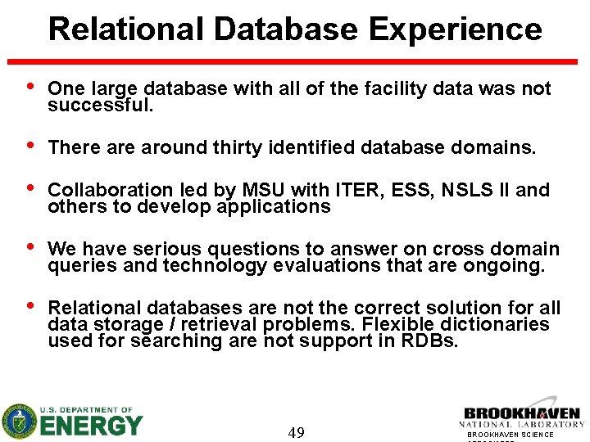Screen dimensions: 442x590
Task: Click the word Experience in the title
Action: [455, 29]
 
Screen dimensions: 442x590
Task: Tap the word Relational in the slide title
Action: [125, 29]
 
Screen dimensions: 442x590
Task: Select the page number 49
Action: [297, 432]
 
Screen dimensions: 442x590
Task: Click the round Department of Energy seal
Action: [19, 422]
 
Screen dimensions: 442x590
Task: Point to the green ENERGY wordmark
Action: [91, 426]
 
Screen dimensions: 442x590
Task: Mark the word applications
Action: [274, 207]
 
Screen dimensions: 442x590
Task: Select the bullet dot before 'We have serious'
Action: [30, 247]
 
